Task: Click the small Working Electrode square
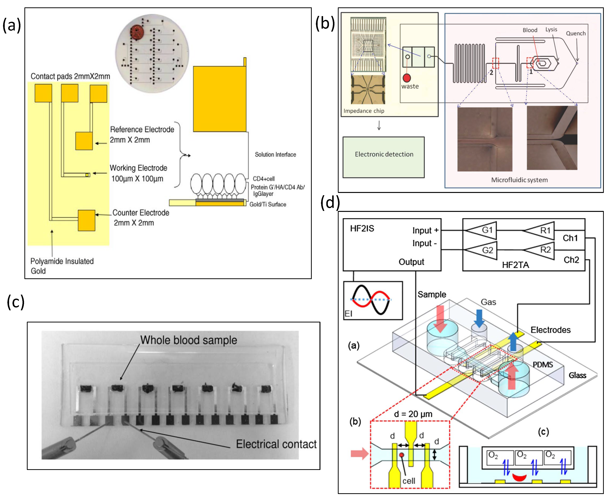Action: click(x=88, y=175)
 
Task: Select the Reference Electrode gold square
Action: click(x=84, y=141)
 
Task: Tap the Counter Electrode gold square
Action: click(x=86, y=220)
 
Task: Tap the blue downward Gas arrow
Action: click(x=479, y=318)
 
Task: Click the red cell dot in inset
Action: click(x=401, y=455)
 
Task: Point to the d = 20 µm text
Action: click(x=413, y=414)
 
